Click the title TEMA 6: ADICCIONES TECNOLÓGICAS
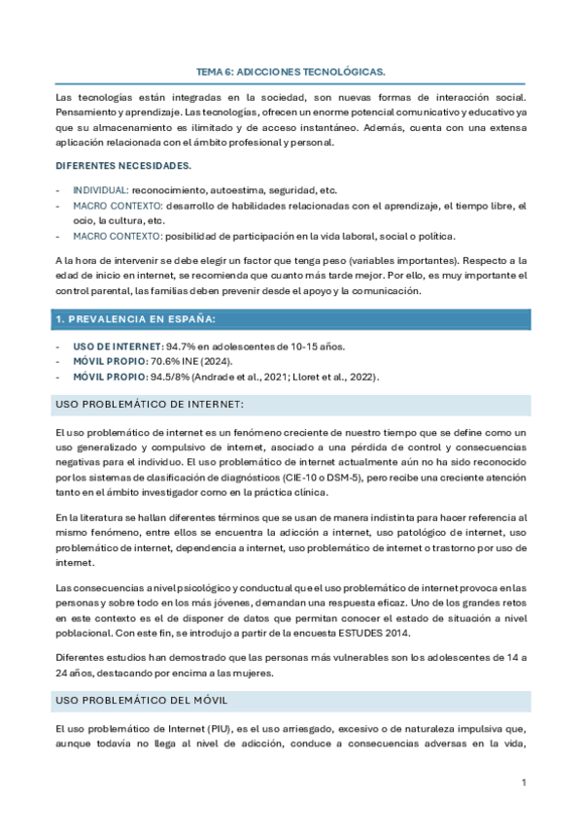tap(291, 72)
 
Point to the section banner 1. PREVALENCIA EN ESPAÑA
tap(136, 319)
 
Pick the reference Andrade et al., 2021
tap(245, 377)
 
